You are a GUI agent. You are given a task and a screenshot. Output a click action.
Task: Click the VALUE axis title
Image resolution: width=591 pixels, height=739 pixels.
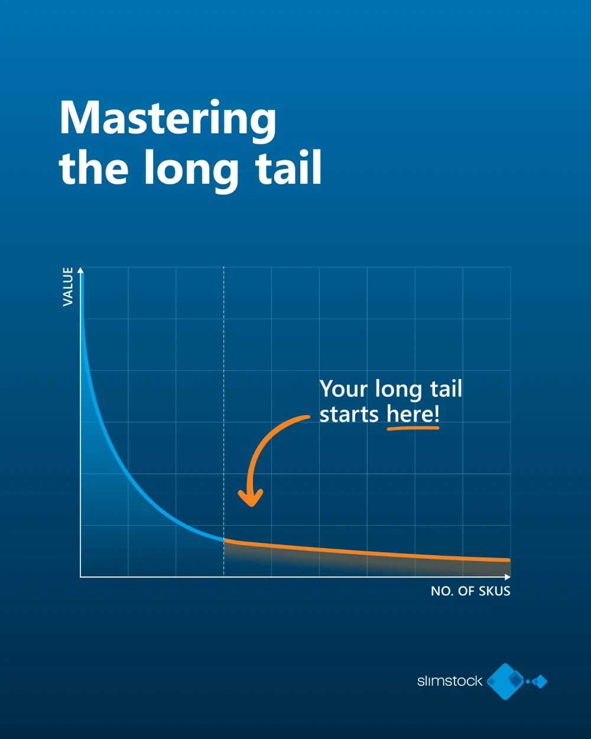(68, 286)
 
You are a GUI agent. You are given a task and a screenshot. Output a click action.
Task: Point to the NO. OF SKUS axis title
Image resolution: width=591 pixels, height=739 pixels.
(470, 591)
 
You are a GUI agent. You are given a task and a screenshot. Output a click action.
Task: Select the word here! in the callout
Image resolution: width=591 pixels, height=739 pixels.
(413, 414)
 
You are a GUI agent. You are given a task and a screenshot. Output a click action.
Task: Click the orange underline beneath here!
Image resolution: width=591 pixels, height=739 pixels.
(413, 427)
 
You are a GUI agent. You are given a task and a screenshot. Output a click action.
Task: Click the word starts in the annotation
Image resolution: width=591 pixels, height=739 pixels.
(349, 414)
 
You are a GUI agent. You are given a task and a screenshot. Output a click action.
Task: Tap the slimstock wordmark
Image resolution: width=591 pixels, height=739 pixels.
(450, 681)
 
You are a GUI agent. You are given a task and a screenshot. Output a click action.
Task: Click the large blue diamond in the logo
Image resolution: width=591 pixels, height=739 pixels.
(506, 681)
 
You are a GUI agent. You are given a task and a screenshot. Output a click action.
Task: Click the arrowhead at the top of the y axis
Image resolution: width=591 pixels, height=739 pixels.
(81, 270)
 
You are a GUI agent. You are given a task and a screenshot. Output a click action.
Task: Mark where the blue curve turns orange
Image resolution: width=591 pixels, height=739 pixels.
(224, 540)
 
